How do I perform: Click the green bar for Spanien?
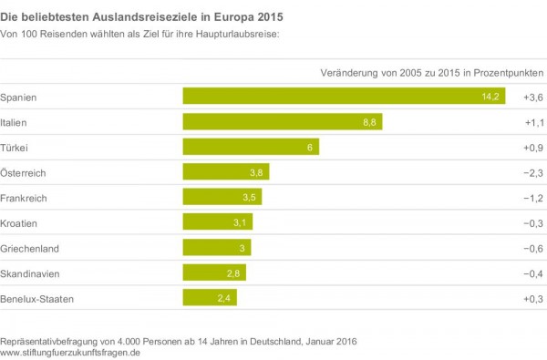pos(344,96)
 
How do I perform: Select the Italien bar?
pos(283,122)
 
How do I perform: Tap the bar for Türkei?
pos(251,147)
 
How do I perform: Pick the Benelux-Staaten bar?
pos(210,297)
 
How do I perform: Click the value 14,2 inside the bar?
pos(490,97)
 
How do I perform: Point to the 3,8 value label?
pos(256,172)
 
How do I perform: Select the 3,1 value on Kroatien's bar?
pos(240,222)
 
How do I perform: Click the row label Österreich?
pos(23,172)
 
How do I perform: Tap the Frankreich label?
pos(24,198)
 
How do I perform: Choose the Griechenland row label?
pos(30,249)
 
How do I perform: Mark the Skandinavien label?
pos(30,273)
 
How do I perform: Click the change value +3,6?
pos(533,98)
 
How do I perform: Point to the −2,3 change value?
pos(533,173)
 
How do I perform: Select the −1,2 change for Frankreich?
pos(533,198)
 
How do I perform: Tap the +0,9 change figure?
pos(533,148)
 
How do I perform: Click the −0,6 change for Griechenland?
pos(533,249)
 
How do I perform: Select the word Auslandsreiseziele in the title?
pos(146,16)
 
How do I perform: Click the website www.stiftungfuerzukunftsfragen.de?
pos(70,353)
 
